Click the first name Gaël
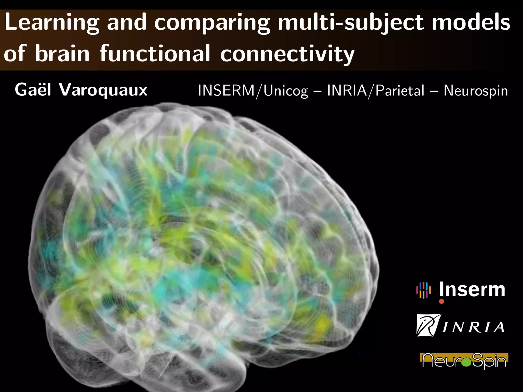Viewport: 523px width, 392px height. tap(33, 90)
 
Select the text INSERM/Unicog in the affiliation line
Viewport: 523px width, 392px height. tap(253, 91)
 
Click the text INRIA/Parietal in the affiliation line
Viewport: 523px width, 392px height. tap(376, 91)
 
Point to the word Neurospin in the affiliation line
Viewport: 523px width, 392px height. tap(476, 91)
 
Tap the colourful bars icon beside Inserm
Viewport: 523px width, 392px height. tap(423, 290)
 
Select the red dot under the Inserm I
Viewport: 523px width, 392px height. tap(442, 301)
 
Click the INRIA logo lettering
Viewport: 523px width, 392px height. tap(473, 327)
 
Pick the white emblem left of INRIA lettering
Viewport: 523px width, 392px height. tap(428, 325)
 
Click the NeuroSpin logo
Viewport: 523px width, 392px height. tap(464, 360)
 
